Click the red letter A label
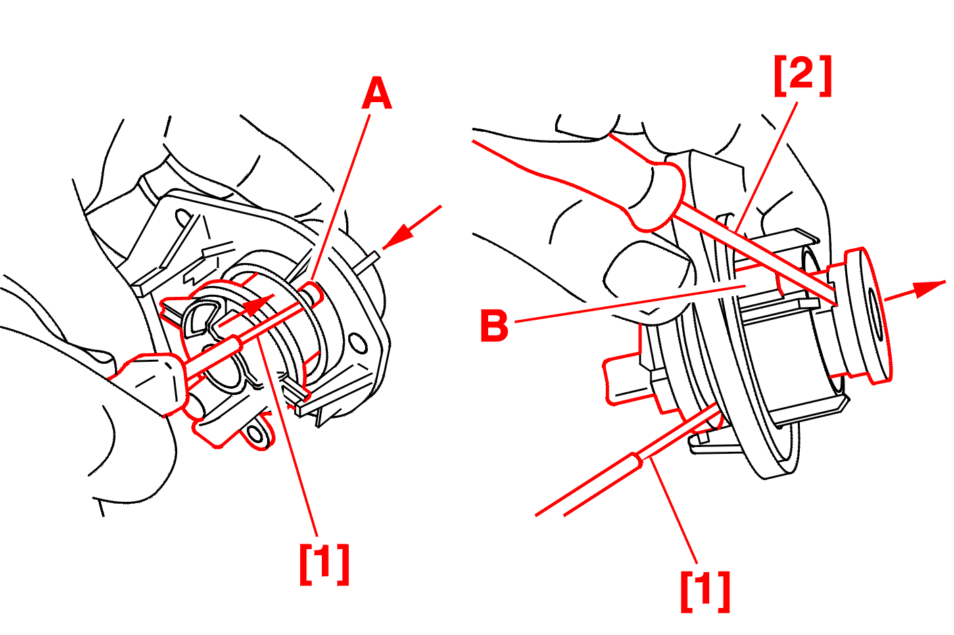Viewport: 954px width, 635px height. click(x=377, y=93)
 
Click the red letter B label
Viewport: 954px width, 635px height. click(x=494, y=325)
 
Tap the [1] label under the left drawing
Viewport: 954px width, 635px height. click(x=325, y=563)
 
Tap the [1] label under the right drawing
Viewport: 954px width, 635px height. click(x=705, y=590)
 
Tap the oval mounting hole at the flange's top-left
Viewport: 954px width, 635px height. click(x=183, y=218)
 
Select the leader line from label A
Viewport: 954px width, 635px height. click(x=342, y=197)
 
